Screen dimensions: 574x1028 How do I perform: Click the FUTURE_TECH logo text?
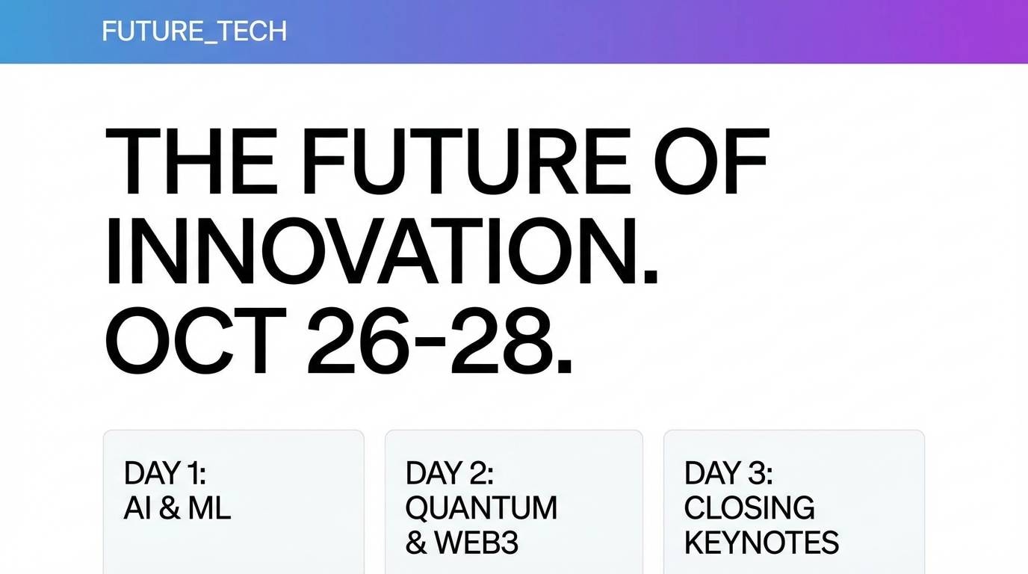[x=194, y=31]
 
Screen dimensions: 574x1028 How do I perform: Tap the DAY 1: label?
[x=164, y=474]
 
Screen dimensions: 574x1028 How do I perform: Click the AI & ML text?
[x=177, y=508]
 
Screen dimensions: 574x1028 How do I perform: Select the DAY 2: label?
[x=449, y=474]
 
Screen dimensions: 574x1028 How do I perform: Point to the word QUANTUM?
[x=481, y=508]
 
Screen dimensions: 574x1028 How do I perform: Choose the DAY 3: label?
[x=728, y=474]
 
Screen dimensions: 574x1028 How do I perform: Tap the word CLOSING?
[x=749, y=508]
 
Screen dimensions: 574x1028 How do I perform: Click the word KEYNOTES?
[x=761, y=543]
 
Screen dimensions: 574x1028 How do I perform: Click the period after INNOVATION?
[x=650, y=277]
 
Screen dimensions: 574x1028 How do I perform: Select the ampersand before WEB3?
[x=415, y=543]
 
